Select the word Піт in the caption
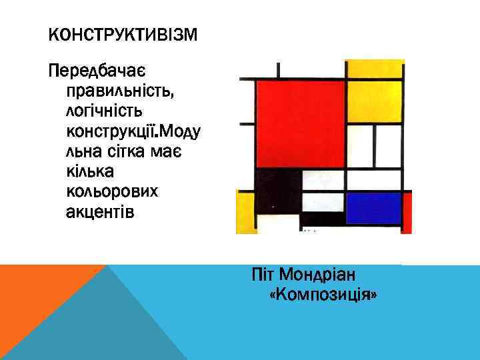point(263,275)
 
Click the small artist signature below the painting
point(309,231)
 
